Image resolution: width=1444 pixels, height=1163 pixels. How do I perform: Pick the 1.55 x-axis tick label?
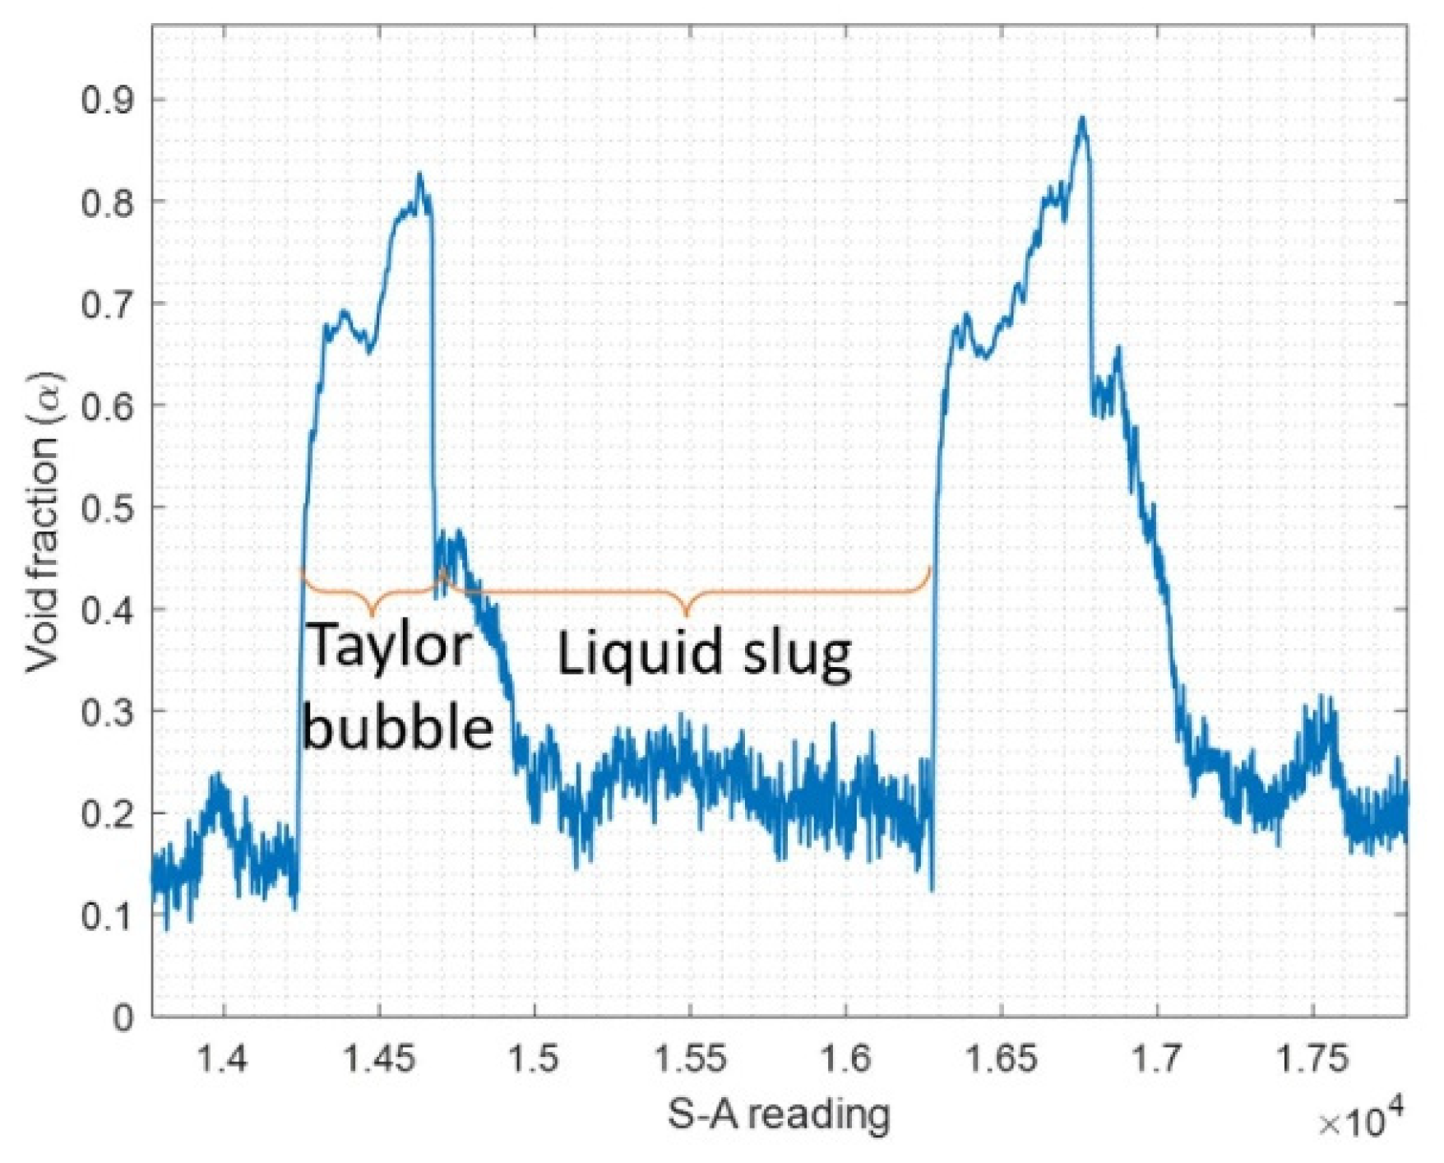point(690,1059)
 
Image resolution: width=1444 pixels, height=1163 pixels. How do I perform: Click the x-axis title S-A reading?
point(778,1115)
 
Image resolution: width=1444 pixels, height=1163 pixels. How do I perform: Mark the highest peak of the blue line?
point(1082,118)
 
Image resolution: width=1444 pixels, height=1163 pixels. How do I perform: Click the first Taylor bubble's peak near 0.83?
point(419,174)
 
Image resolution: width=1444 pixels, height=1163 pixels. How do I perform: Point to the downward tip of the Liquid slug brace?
point(687,616)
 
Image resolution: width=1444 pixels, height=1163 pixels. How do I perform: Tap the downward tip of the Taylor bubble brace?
point(373,615)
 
